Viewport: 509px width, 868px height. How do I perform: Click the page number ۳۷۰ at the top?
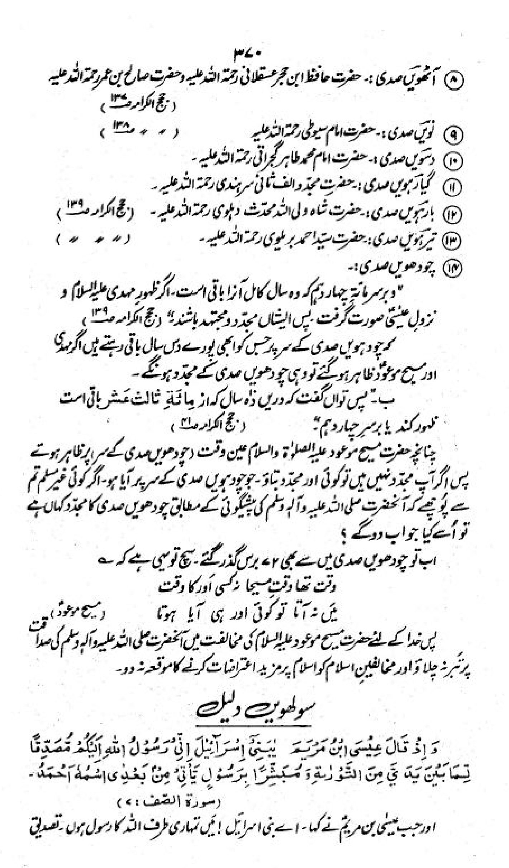click(x=247, y=55)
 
